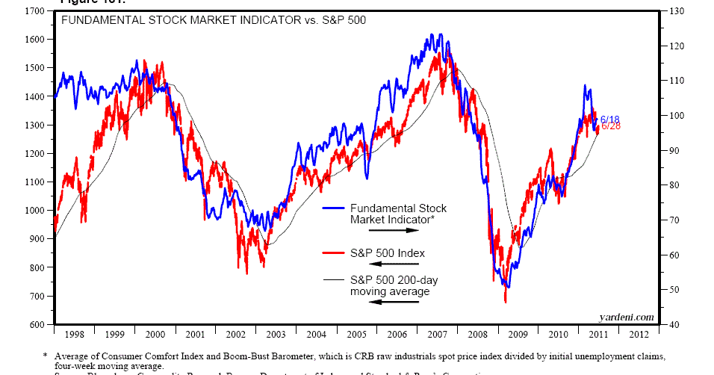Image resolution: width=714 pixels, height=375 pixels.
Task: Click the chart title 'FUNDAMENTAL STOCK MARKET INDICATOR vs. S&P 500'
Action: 213,20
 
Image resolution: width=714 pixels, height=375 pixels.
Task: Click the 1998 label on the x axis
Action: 73,335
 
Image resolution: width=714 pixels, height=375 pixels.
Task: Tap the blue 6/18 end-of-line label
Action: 610,120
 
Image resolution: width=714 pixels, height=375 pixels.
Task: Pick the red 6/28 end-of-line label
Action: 610,126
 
